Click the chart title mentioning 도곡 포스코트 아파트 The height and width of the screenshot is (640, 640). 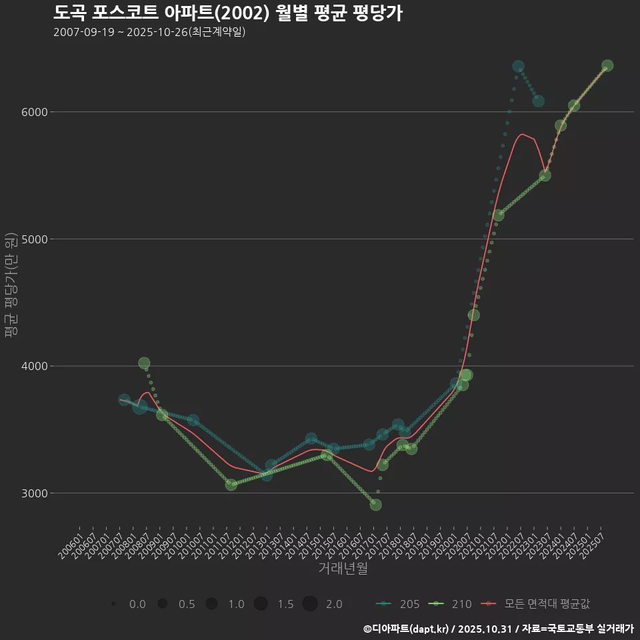227,13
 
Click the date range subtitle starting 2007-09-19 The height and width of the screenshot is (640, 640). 149,32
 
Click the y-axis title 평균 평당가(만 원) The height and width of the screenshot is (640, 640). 10,286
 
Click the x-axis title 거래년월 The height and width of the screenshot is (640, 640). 343,568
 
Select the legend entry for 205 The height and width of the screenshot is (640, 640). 398,604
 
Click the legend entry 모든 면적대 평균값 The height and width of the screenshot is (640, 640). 537,604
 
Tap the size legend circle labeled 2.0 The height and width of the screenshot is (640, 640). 310,604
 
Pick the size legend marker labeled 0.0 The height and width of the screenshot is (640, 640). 114,604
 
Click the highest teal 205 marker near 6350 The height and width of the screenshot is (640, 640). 518,67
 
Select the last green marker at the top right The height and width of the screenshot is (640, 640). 607,66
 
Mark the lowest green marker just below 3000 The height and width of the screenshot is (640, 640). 376,505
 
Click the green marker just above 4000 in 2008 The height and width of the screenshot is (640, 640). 144,363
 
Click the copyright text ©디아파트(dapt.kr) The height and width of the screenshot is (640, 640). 406,629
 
